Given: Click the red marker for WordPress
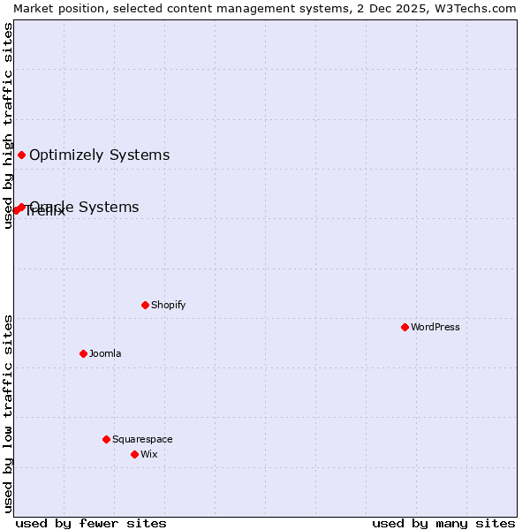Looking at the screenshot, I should (x=405, y=327).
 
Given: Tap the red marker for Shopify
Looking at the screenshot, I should (x=145, y=305).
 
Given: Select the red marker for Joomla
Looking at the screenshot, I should (x=83, y=353).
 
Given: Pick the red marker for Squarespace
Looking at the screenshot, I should (x=106, y=439).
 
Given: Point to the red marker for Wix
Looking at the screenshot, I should (x=134, y=454).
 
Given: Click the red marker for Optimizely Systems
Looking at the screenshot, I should (x=21, y=155).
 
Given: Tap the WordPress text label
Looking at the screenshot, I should (x=435, y=327).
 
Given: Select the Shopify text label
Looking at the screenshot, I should (x=168, y=305).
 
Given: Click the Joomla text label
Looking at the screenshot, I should (x=105, y=353).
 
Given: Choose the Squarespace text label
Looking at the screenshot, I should (x=142, y=439).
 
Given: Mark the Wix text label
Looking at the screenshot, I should (x=149, y=454).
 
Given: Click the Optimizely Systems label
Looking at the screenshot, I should (x=99, y=155).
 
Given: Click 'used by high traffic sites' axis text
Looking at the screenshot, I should (x=8, y=125).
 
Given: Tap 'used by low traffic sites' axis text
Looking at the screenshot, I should (x=8, y=413).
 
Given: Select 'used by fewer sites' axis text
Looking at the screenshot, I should (x=91, y=523).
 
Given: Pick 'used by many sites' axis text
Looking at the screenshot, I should (x=443, y=523).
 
